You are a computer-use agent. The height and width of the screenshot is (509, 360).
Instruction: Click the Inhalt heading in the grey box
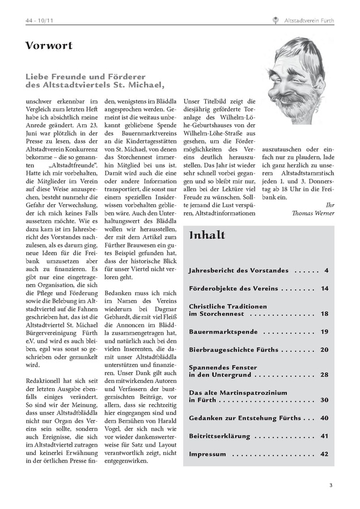coord(207,235)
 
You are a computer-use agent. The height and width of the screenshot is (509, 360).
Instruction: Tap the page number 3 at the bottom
coord(331,485)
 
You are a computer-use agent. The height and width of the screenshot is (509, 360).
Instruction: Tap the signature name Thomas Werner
coord(313,213)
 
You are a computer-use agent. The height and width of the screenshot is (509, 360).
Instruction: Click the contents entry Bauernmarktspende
coord(223,331)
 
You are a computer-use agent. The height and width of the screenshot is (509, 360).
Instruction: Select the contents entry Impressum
coord(207,454)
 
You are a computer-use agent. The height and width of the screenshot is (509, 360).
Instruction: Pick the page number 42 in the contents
coord(324,454)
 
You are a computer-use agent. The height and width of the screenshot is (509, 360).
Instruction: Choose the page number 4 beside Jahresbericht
coord(327,270)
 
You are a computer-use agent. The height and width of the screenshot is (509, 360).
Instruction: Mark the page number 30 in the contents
coord(324,399)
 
